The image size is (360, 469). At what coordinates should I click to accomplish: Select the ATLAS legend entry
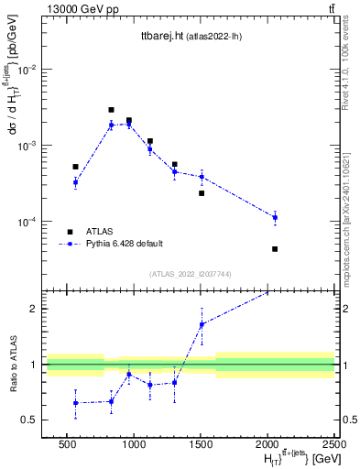(100, 231)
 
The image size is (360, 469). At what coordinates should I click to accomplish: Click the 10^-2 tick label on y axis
(28, 70)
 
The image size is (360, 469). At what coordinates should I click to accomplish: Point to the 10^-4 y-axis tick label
(28, 222)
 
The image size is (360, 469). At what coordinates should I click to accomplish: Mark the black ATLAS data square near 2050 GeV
(275, 249)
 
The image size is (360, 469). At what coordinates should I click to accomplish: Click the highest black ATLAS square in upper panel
(111, 110)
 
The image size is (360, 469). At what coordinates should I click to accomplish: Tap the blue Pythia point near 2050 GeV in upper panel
(275, 217)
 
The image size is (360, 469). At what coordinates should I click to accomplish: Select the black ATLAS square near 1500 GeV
(202, 193)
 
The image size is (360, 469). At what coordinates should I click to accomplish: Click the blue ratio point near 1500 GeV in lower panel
(202, 324)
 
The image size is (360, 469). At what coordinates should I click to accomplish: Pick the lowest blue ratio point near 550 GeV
(76, 403)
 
